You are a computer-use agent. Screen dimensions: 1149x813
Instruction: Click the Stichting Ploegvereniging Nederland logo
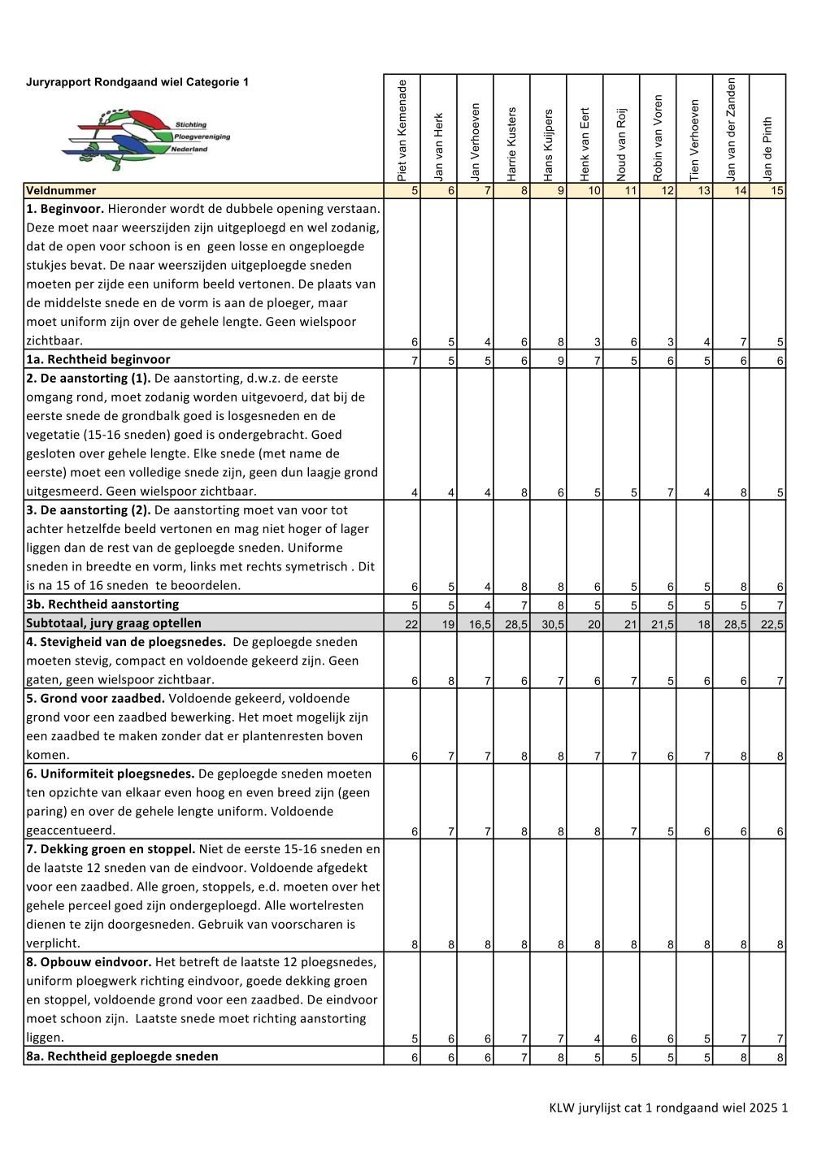point(146,138)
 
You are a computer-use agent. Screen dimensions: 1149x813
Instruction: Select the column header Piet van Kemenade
point(402,130)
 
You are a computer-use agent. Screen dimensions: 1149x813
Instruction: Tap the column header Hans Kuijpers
point(548,145)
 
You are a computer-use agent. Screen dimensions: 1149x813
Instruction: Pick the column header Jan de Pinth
point(767,149)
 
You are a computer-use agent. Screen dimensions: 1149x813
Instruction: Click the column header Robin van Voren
point(658,137)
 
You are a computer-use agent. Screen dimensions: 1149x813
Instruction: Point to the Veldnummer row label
point(61,191)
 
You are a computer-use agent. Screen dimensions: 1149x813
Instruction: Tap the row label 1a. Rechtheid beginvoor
point(98,359)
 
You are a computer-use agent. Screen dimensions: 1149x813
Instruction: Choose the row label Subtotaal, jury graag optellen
point(114,623)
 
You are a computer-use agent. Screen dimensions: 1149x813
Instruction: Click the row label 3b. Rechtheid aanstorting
point(102,605)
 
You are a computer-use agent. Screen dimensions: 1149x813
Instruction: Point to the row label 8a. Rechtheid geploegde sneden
point(122,1056)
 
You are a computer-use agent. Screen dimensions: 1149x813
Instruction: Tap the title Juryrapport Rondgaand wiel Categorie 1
point(137,82)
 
